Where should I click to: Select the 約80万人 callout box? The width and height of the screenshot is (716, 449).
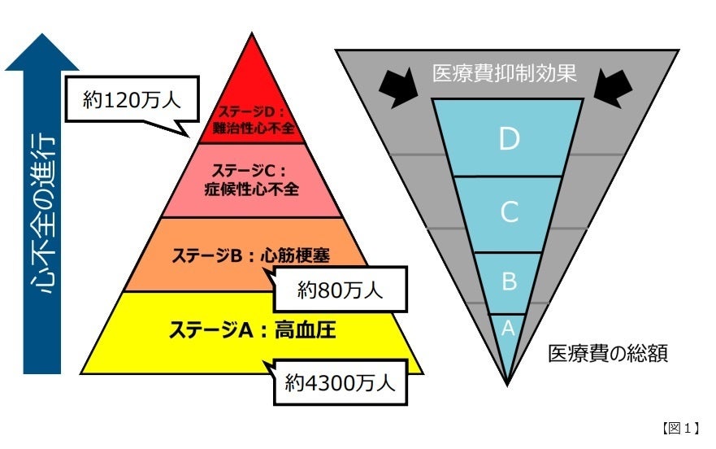(340, 289)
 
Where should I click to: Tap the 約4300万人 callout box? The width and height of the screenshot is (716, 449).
(340, 382)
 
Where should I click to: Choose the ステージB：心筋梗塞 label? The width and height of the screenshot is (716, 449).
(252, 254)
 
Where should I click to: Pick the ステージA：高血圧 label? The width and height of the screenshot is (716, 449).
(252, 330)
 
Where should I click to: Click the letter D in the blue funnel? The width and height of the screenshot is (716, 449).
(509, 139)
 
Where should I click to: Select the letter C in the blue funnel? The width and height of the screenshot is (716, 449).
(509, 212)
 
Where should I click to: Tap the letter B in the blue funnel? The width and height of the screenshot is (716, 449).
(509, 281)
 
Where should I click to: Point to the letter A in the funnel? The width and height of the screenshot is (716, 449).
(508, 328)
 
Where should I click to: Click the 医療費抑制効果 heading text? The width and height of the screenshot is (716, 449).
(504, 73)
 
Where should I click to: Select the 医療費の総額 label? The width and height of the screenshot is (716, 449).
(608, 354)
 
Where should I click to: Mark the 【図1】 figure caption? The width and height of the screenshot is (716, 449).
(679, 428)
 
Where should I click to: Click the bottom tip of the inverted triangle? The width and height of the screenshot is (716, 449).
(508, 382)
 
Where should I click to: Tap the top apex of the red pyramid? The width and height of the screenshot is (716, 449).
(252, 37)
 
